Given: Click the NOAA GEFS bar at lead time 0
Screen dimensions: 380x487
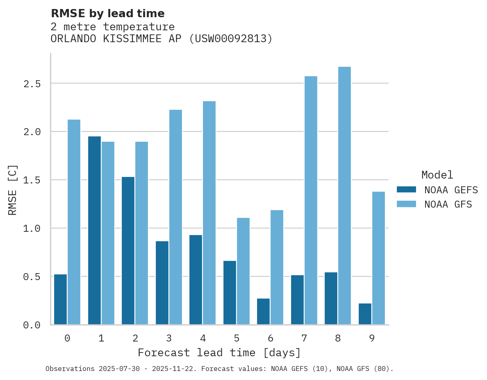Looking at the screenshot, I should (x=60, y=299).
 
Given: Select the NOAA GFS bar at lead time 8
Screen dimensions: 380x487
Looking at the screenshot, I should (x=344, y=196).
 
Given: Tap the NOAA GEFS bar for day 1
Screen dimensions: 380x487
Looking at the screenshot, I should (x=94, y=231).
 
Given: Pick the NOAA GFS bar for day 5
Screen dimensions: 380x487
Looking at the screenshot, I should (x=243, y=271).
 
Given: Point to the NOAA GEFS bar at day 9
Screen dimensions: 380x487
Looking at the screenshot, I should (x=365, y=314).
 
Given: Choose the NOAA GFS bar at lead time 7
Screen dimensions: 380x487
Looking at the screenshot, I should (x=311, y=201).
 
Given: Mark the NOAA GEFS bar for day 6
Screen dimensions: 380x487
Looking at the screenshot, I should (x=263, y=312).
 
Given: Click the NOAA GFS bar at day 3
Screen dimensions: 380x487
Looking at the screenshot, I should (x=175, y=217).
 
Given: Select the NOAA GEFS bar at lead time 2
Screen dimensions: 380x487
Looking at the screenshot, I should (x=128, y=251).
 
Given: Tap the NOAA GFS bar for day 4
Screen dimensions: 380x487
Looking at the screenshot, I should (x=209, y=213).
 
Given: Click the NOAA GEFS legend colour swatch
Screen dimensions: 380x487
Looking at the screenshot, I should (x=406, y=190).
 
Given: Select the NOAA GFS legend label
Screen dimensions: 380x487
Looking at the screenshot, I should (x=448, y=204).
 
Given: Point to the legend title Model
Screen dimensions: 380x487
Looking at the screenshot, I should (x=437, y=175).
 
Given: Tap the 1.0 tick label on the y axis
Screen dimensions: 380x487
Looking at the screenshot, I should (x=32, y=228).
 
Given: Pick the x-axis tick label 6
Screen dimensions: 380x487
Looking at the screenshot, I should (x=270, y=338).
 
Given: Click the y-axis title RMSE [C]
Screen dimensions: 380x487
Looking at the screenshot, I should (x=13, y=190).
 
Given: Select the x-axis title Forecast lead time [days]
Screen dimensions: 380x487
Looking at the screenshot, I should (x=219, y=353).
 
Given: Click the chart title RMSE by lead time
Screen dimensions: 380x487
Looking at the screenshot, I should (x=107, y=14).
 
